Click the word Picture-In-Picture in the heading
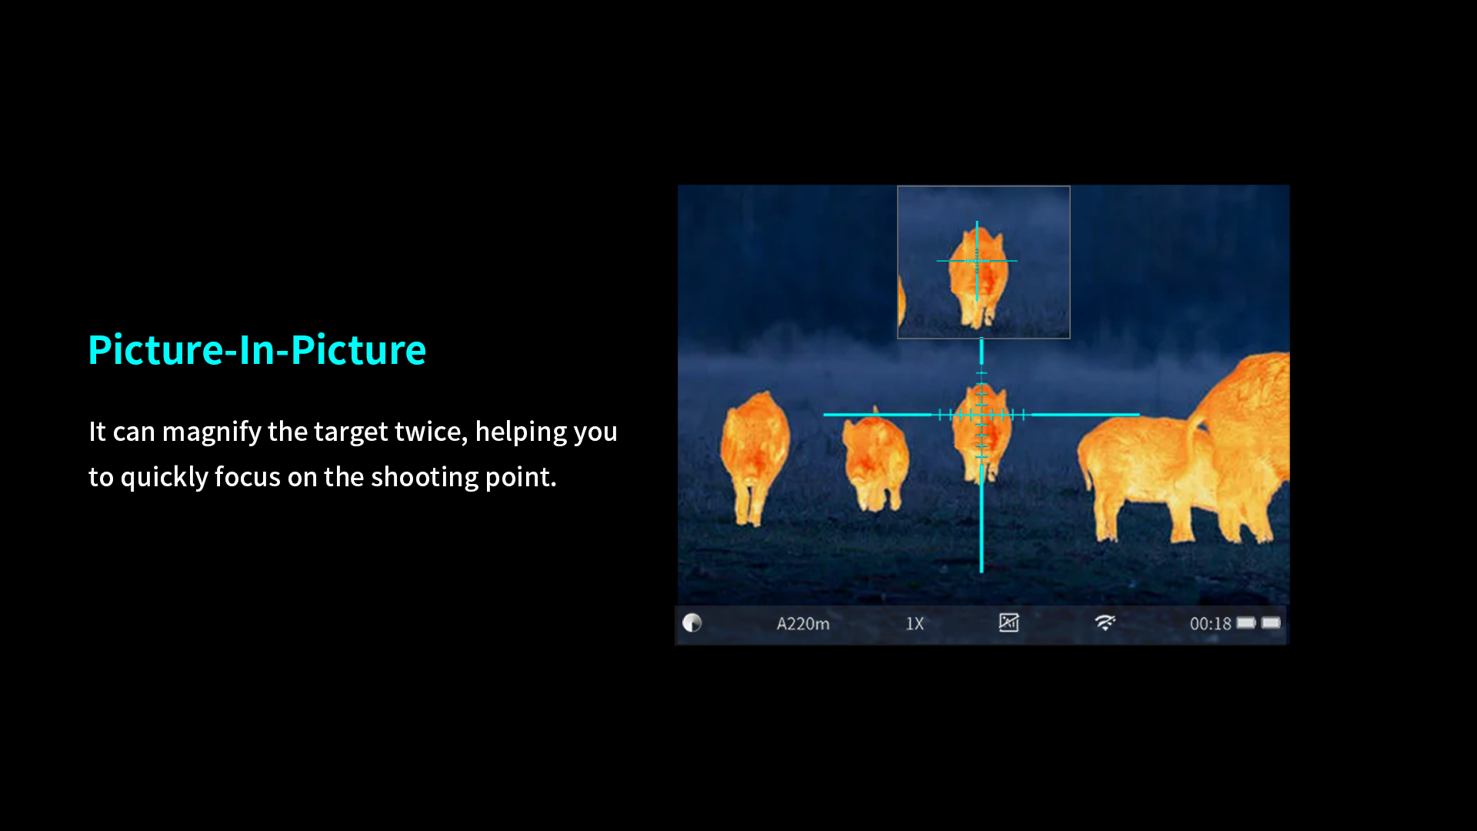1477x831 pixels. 257,350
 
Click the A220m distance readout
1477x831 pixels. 803,624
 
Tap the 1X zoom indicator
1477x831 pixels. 915,624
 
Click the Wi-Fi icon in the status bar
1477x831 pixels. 1105,622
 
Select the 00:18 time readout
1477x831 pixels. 1210,624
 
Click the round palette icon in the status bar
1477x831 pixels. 692,622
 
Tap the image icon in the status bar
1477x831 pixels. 1009,622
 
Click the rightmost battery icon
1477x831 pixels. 1271,622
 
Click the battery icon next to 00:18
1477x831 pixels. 1246,622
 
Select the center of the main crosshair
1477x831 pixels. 982,415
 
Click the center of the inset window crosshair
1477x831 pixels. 977,261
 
